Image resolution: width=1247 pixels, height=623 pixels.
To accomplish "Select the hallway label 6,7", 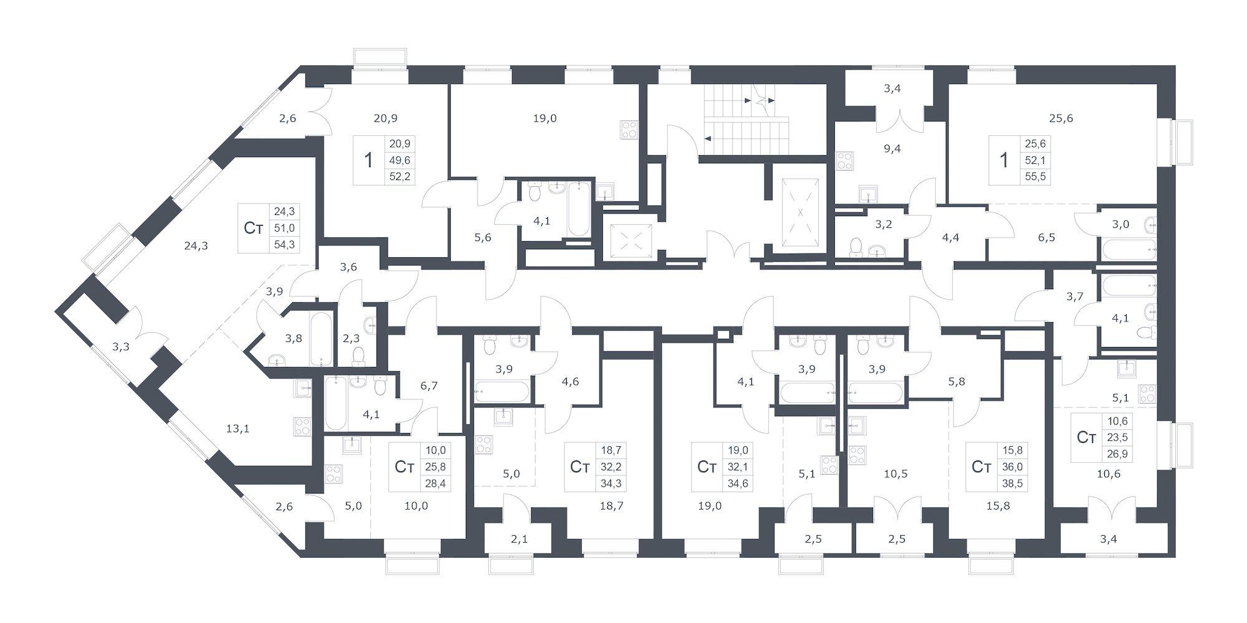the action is pos(429,386).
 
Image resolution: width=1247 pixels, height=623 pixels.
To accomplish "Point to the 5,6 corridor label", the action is pos(483,237).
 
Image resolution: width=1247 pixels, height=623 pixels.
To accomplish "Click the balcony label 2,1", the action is pos(519,538).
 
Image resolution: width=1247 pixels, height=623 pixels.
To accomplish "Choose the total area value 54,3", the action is pos(284,244).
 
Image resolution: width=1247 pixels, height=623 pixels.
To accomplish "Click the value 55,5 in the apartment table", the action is pos(1035,176).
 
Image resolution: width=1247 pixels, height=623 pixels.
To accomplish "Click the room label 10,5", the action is pos(895,473).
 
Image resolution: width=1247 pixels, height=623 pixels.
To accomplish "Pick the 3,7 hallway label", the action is pos(1074,297).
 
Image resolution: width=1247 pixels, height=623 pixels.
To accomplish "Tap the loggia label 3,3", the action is pos(121,346).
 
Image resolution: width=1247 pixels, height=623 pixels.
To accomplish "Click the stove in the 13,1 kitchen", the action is pos(302,427).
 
